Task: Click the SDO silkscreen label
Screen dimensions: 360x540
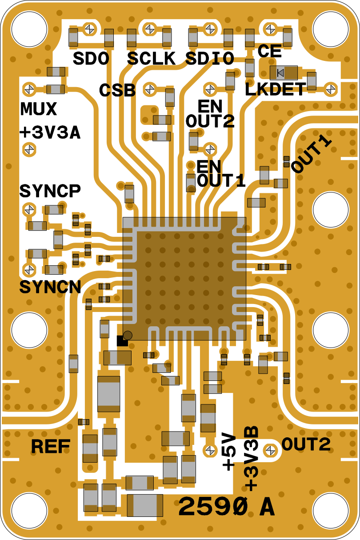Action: tap(91, 59)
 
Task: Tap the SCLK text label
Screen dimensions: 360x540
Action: tap(151, 59)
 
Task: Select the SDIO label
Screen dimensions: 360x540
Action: tap(210, 59)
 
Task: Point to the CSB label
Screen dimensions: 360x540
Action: tap(117, 90)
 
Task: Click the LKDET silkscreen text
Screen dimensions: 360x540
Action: tap(276, 89)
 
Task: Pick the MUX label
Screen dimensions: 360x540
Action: tap(39, 109)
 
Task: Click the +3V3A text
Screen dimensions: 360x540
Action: tap(50, 133)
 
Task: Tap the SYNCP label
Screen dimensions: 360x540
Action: tap(50, 191)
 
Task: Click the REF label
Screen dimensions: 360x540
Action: tap(51, 446)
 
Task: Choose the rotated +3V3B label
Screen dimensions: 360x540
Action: tap(252, 459)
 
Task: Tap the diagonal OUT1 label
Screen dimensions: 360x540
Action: tap(311, 156)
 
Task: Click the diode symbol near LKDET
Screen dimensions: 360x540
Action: tap(281, 72)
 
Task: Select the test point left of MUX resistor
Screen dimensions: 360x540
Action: tap(29, 89)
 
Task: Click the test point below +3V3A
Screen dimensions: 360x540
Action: tap(29, 149)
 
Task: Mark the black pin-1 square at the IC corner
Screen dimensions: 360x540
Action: tap(122, 340)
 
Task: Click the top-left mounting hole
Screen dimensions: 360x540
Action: tap(29, 29)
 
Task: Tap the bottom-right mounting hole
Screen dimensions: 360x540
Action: tap(331, 511)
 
